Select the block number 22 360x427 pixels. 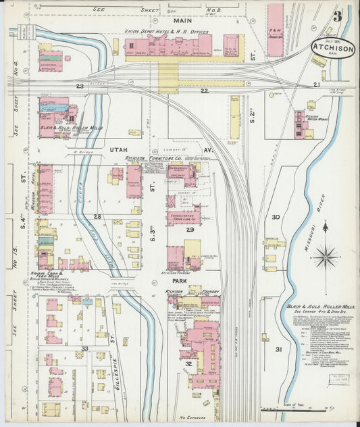tap(204, 90)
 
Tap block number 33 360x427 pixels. tap(84, 349)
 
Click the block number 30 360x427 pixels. tap(276, 217)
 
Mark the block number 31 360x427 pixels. tap(278, 349)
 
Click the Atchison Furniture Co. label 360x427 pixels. tap(153, 158)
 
